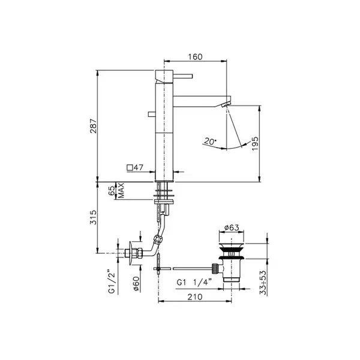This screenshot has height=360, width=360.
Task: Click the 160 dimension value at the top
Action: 196,57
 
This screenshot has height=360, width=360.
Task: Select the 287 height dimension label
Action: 94,126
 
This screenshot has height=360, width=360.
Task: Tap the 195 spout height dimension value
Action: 255,143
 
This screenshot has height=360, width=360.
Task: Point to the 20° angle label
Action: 210,141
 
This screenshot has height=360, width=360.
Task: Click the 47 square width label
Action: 138,167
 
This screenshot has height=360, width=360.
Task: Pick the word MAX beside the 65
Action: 121,190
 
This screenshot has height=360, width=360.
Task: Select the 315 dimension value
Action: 94,217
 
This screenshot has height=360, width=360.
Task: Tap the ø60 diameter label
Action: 136,284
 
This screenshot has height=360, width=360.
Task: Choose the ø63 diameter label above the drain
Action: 232,227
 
